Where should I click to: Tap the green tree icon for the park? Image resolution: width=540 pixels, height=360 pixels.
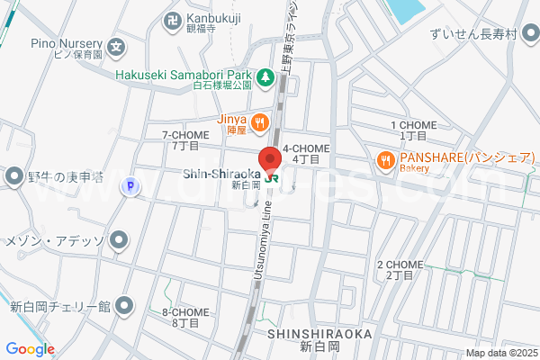coord(265,79)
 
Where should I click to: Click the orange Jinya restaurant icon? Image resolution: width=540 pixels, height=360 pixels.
coord(259,121)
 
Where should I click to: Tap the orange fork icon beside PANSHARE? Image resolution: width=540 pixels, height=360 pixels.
coord(385,160)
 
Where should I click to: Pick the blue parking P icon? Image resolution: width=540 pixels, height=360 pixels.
coord(130,186)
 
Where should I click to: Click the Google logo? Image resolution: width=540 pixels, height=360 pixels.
coord(30,349)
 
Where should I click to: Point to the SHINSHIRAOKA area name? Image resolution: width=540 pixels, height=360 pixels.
coord(319,333)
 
